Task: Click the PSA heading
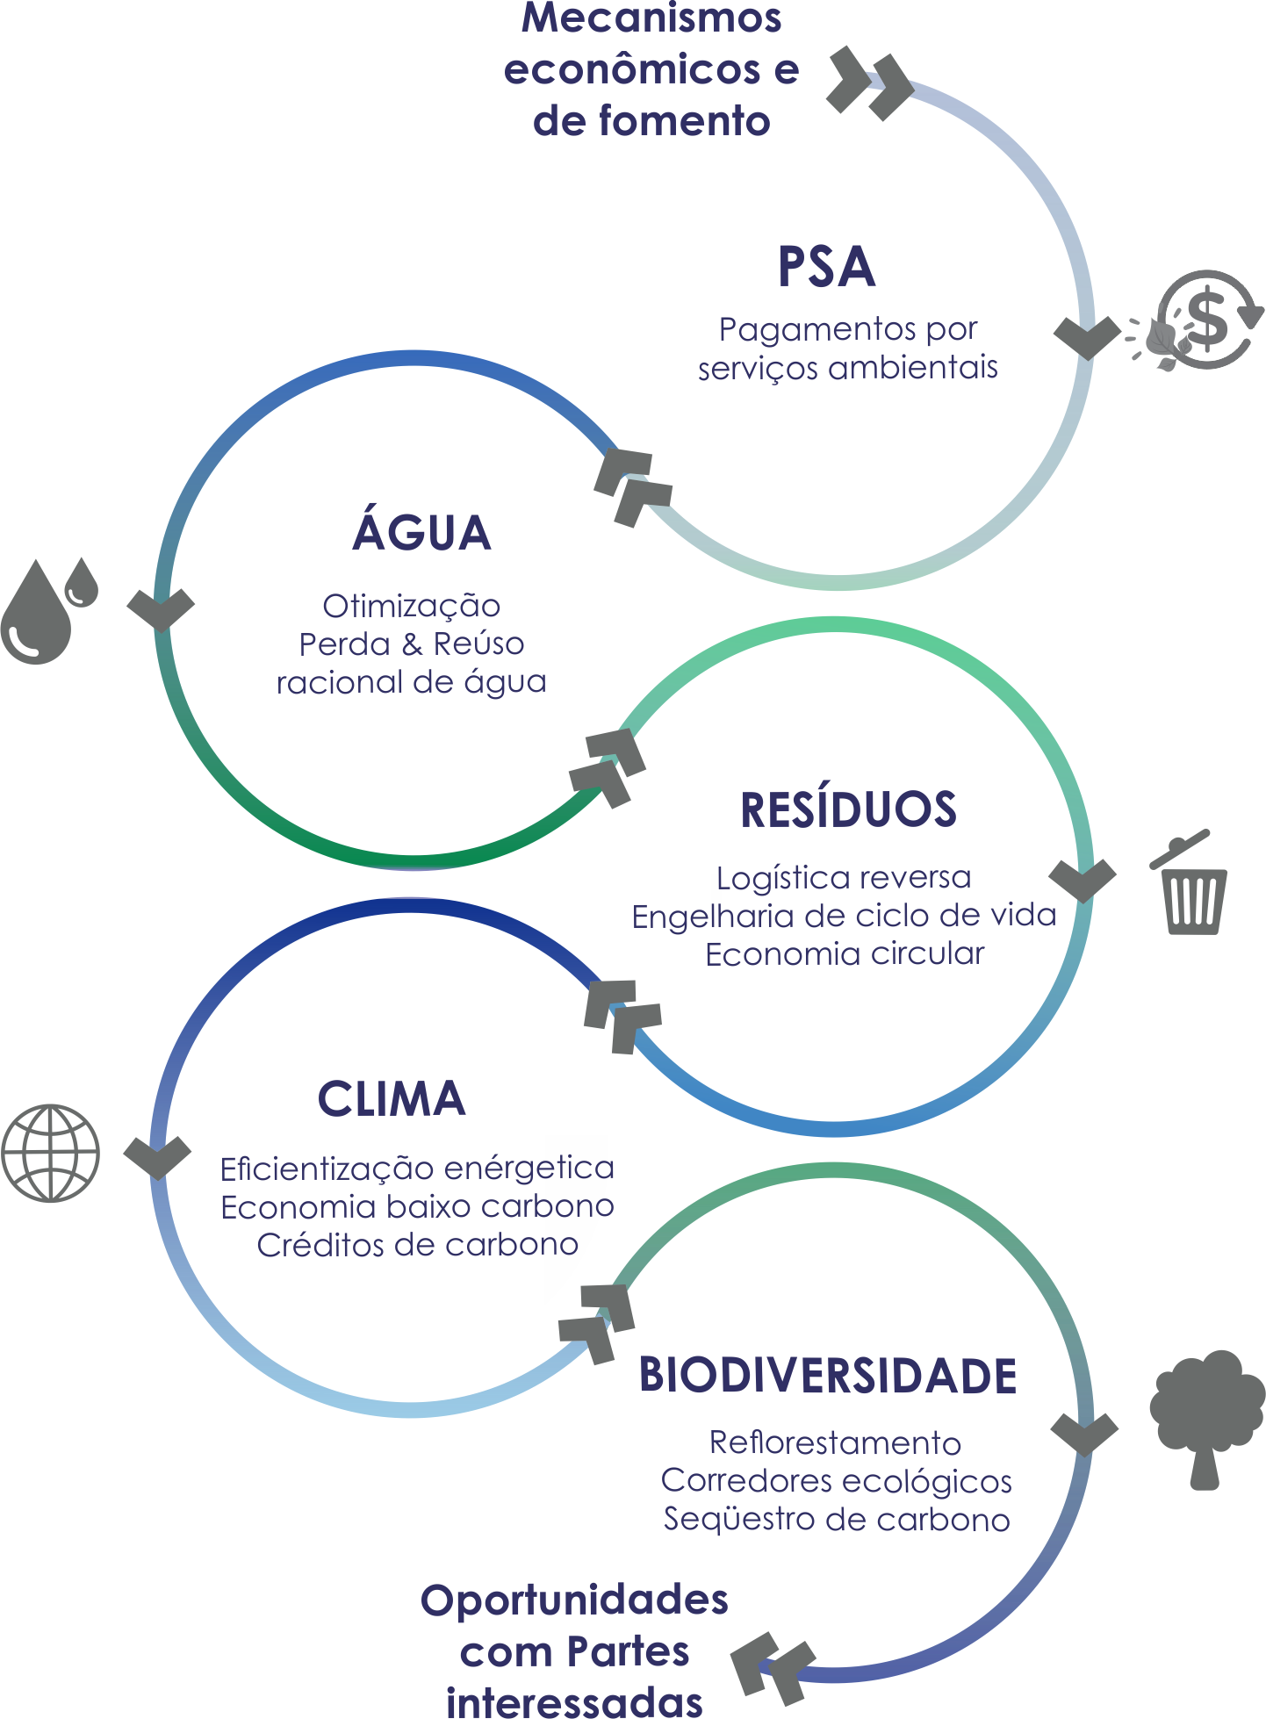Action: click(826, 267)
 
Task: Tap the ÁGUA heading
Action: click(421, 532)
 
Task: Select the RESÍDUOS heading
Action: click(848, 809)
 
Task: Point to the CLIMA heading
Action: click(392, 1098)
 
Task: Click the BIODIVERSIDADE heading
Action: click(827, 1376)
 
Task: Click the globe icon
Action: click(51, 1153)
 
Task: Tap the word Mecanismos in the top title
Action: click(651, 19)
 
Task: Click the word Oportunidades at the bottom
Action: click(574, 1600)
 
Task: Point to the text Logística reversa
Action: click(844, 878)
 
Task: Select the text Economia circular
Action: click(845, 954)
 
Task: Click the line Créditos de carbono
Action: click(417, 1245)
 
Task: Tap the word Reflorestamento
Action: click(835, 1442)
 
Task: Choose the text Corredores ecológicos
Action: click(836, 1481)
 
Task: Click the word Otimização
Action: click(411, 606)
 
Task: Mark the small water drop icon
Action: click(83, 582)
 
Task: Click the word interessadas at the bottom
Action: click(574, 1700)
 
